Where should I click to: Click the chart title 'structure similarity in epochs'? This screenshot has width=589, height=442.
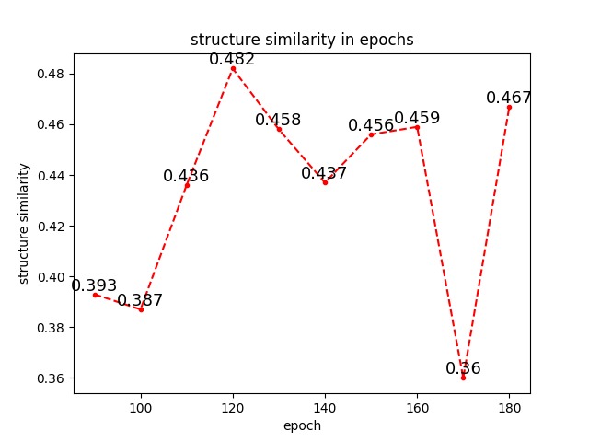302,40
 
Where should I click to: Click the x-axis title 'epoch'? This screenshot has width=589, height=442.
302,425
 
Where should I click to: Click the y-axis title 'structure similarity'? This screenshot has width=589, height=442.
25,223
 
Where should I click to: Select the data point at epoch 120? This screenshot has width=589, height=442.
233,68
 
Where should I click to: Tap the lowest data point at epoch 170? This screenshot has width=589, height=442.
463,378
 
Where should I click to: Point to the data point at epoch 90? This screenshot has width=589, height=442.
95,294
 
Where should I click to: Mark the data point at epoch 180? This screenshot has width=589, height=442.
509,107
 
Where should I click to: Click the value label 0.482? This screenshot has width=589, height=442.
232,60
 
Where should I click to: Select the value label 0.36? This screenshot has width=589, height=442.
463,369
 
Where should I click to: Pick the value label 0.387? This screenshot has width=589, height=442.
140,301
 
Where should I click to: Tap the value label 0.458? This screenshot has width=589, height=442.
278,121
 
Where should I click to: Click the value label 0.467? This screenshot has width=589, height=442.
509,99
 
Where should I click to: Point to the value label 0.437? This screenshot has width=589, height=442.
324,174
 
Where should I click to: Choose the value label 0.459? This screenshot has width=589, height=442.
417,119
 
